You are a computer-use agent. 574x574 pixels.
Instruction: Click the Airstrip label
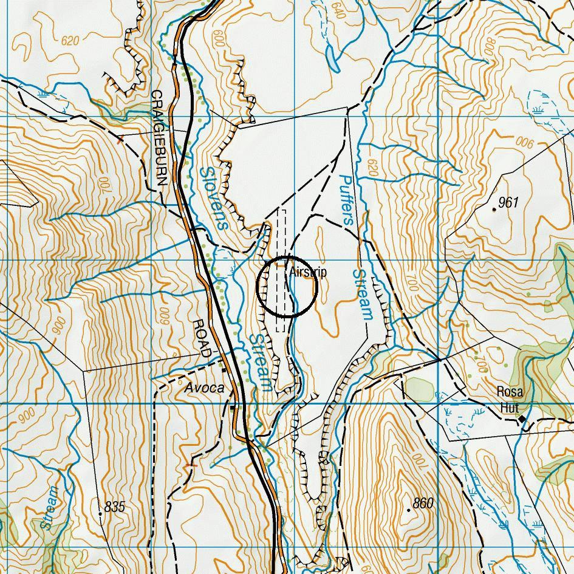(x=308, y=272)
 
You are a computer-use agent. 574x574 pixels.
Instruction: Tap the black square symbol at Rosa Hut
(x=521, y=419)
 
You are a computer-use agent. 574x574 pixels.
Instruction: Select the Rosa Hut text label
(x=510, y=400)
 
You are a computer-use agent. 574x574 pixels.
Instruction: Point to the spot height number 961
(x=508, y=202)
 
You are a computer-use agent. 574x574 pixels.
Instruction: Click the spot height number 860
(x=423, y=503)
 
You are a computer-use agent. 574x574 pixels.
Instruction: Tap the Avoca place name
(x=204, y=388)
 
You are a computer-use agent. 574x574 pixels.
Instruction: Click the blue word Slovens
(x=213, y=198)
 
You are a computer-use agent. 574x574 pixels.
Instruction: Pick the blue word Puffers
(x=346, y=200)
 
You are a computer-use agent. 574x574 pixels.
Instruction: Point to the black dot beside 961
(x=494, y=210)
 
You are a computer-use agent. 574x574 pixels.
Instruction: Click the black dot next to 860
(x=409, y=510)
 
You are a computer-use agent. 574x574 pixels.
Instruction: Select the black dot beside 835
(x=100, y=514)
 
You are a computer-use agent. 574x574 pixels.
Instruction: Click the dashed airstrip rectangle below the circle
(x=281, y=324)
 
